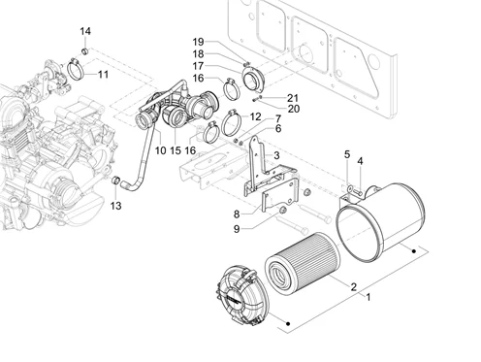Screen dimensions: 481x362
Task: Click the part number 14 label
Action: [x=85, y=31]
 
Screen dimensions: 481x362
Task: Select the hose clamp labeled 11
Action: [x=76, y=69]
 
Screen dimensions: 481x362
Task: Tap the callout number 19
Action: [x=198, y=42]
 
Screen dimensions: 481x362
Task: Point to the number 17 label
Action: [x=198, y=66]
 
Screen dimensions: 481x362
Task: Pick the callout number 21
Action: [x=293, y=98]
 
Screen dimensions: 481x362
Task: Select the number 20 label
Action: [x=294, y=109]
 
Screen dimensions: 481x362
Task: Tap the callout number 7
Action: [x=278, y=118]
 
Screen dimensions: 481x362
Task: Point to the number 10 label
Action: [x=161, y=150]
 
